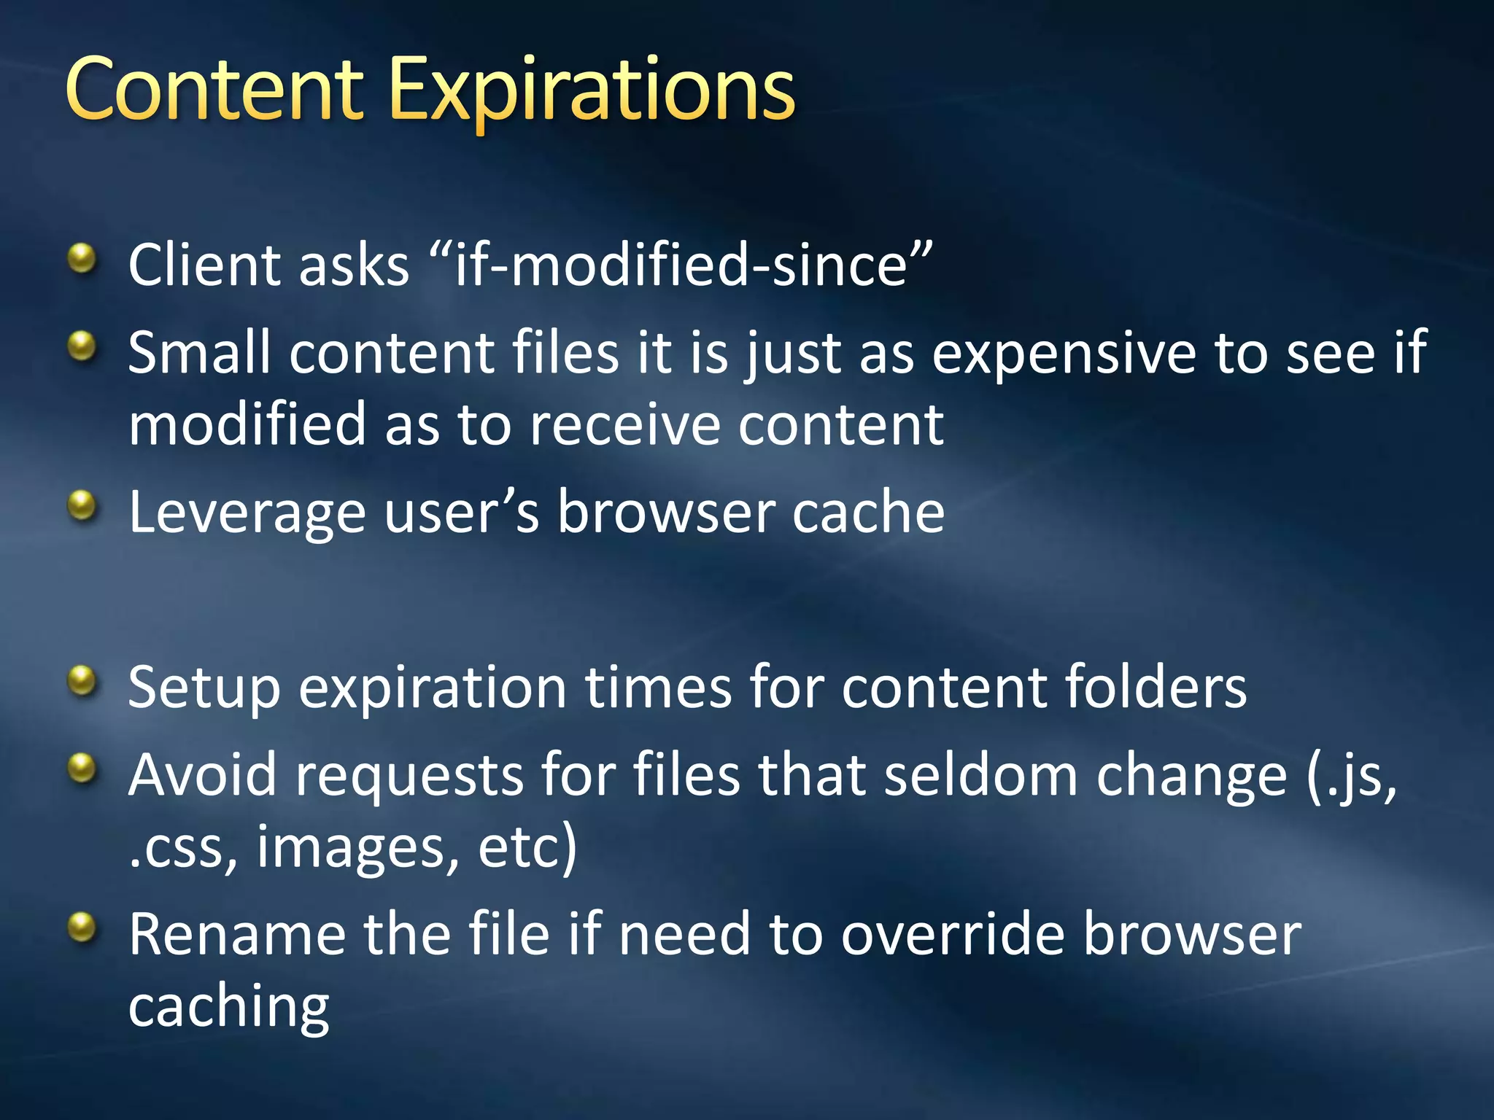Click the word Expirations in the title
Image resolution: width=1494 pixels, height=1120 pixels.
(x=592, y=91)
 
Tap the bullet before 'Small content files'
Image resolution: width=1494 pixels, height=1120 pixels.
(x=82, y=346)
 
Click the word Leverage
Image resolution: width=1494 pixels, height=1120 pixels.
(x=247, y=513)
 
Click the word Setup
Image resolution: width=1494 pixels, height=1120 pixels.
(x=204, y=688)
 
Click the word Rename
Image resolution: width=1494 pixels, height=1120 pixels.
(x=237, y=935)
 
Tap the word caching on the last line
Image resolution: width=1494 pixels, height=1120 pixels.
(x=229, y=1008)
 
